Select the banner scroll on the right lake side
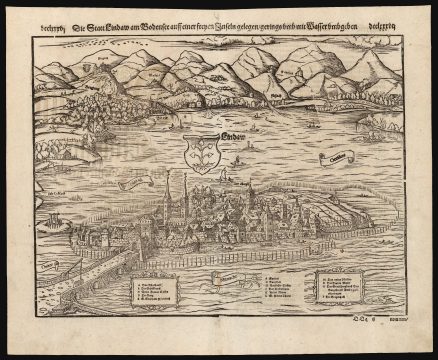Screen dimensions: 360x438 tap(333, 156)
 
